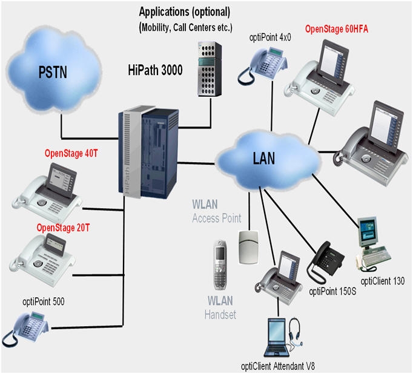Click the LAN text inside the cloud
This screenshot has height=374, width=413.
[263, 159]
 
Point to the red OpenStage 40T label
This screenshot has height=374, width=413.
[71, 154]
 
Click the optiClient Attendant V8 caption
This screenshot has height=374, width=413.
[277, 365]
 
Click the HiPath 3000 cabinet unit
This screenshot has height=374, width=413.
[149, 153]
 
